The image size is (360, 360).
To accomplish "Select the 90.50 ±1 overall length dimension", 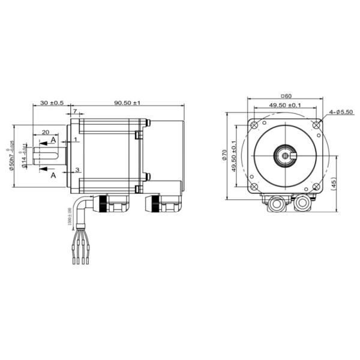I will click(x=127, y=103).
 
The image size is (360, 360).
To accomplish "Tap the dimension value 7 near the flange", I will click(x=74, y=112).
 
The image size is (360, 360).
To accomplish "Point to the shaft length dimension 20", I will click(x=45, y=133).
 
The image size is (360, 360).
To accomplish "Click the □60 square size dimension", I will click(x=286, y=96).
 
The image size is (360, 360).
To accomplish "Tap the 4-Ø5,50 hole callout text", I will click(x=341, y=112).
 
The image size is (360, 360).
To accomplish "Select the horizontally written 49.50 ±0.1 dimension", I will click(x=286, y=106).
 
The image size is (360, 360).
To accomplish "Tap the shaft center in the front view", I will click(x=286, y=157).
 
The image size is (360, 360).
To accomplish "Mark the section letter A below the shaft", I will click(x=53, y=176).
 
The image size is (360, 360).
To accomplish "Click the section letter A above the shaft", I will click(x=53, y=139).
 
